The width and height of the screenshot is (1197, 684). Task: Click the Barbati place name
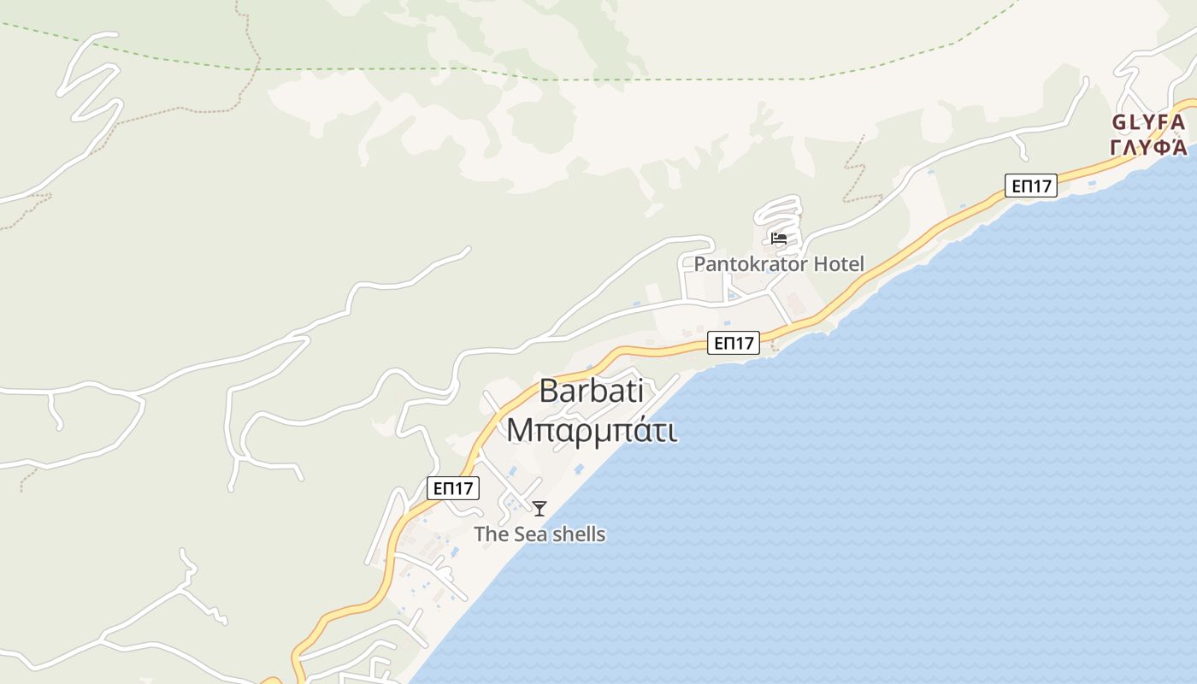click(591, 392)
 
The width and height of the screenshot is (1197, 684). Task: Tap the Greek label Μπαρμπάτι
click(592, 430)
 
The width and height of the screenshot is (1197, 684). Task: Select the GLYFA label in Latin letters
click(1148, 123)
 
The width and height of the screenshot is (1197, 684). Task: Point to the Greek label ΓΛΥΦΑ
click(1148, 147)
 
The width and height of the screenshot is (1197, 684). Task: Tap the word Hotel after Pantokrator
click(839, 264)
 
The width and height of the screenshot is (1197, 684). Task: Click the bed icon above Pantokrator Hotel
click(778, 239)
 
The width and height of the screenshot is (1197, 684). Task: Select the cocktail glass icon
click(540, 509)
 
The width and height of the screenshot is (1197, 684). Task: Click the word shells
click(577, 535)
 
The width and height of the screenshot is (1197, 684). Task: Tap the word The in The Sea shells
click(490, 535)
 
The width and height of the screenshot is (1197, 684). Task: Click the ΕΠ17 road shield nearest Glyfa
click(1030, 186)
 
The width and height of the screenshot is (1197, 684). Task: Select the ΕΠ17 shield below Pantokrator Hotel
click(734, 343)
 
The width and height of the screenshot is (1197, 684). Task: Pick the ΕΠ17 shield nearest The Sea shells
click(453, 488)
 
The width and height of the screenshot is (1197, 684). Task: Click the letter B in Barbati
click(548, 392)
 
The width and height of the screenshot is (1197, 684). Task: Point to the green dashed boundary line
click(598, 80)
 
